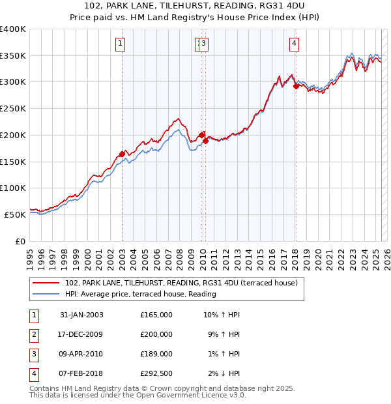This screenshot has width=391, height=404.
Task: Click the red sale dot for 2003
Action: point(122,154)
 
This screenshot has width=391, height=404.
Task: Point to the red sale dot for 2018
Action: point(296,85)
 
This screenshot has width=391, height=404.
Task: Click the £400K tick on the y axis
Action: point(13,29)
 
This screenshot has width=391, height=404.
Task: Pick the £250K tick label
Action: point(13,109)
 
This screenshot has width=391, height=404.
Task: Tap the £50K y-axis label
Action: point(16,214)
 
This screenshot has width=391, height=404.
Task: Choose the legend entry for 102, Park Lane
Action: point(181,283)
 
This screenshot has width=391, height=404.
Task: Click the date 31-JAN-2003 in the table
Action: point(81,315)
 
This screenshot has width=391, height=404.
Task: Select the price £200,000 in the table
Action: point(156,334)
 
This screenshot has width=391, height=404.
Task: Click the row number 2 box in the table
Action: point(33,334)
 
